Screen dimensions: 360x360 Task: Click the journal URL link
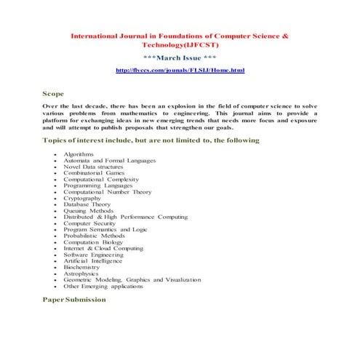(180, 71)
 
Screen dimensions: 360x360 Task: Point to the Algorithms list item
(79, 154)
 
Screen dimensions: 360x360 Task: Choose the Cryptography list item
(82, 198)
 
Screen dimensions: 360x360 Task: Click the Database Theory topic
(87, 205)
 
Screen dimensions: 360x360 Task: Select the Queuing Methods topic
(89, 211)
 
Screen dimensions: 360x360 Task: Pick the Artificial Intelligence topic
(92, 260)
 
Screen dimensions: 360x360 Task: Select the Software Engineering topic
(92, 255)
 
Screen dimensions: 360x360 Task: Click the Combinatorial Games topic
(94, 173)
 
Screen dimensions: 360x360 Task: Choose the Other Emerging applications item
(103, 286)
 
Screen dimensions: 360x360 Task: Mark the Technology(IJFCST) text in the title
(180, 44)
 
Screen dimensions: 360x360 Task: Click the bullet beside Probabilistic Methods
(56, 236)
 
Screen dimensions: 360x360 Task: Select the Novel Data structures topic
(93, 167)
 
